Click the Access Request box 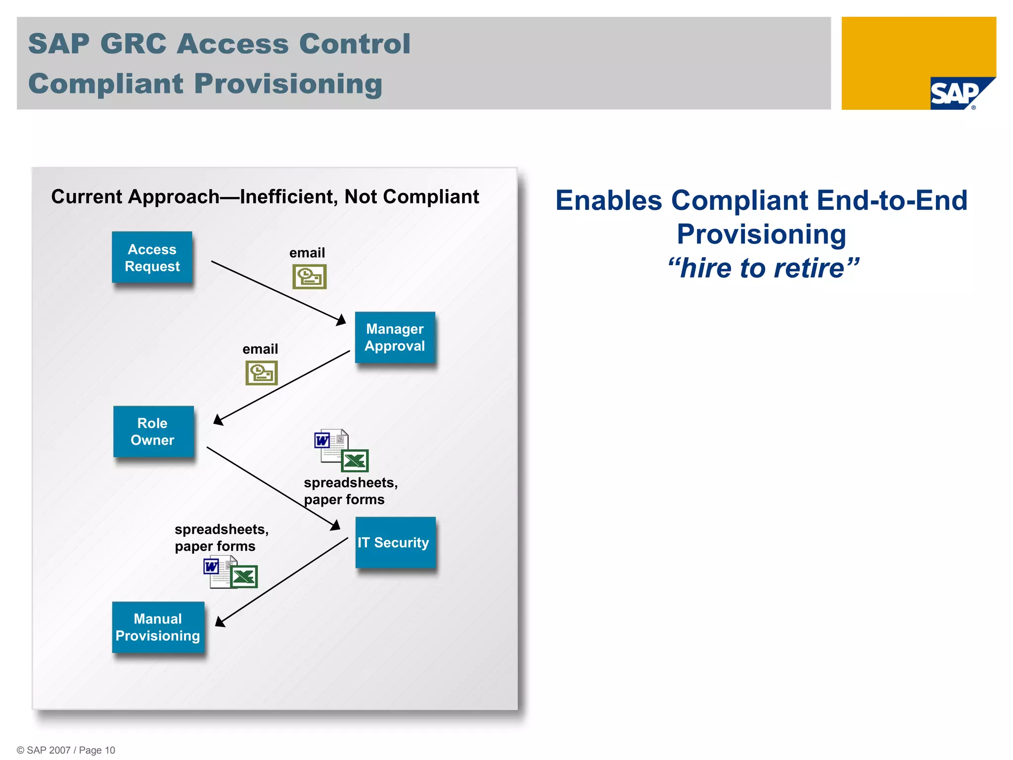tap(152, 257)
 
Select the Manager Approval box tap(395, 337)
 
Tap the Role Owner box tap(153, 431)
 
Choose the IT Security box tap(395, 542)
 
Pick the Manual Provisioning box tap(158, 627)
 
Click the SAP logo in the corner tap(958, 94)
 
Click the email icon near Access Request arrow tap(309, 277)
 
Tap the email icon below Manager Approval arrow tap(261, 373)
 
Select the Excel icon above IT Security tap(355, 461)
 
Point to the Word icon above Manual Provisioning tap(212, 567)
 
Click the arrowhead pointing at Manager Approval tap(341, 320)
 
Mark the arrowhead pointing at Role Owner tap(218, 420)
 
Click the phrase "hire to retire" tap(762, 268)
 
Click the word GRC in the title tap(133, 44)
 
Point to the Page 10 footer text tap(97, 750)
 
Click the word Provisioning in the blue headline tap(761, 234)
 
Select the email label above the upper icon tap(307, 253)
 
